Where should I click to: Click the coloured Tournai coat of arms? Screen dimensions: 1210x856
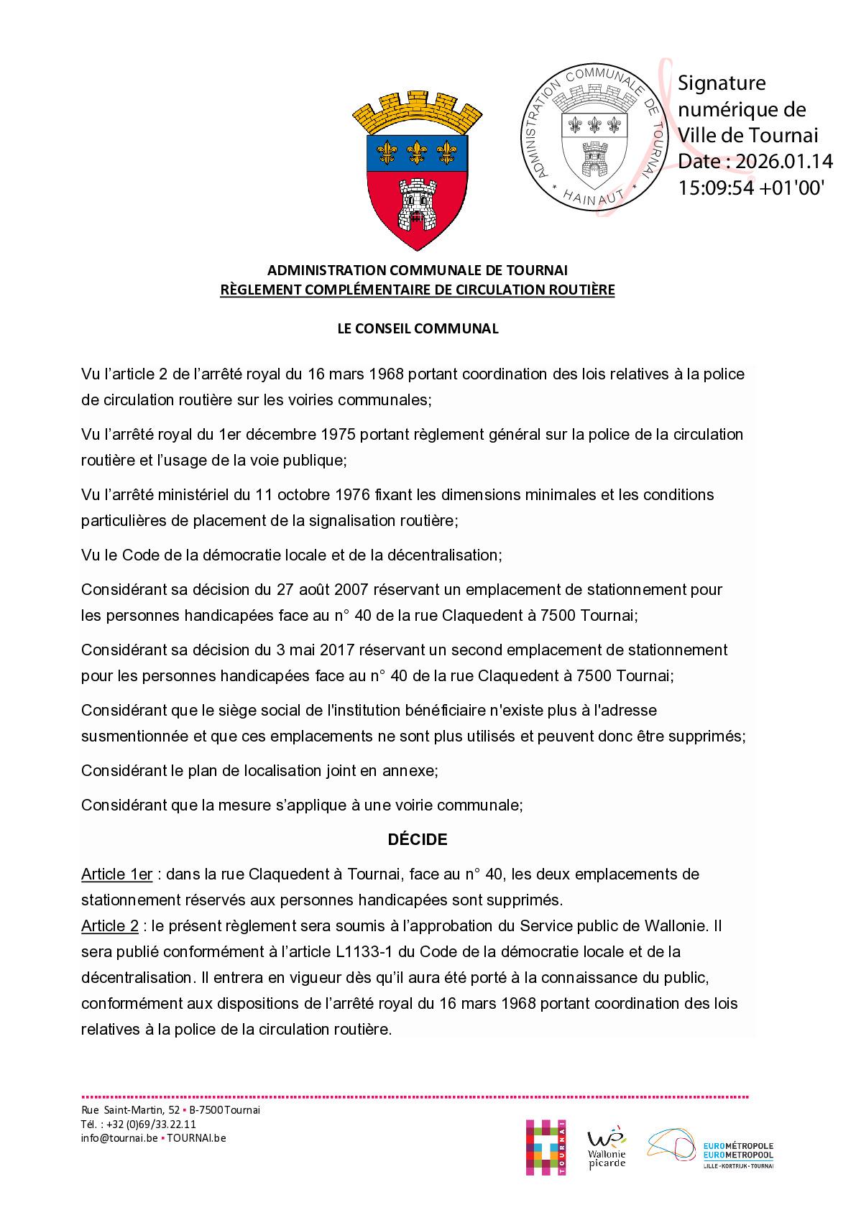point(417,170)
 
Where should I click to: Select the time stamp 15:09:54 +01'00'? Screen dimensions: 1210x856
point(752,188)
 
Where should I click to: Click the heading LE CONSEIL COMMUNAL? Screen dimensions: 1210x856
point(418,328)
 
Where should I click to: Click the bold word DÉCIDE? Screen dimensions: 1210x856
point(418,839)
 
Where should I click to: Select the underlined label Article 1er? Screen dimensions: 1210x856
point(116,874)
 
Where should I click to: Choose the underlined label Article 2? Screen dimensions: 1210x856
point(109,926)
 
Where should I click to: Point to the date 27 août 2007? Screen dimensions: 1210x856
point(320,589)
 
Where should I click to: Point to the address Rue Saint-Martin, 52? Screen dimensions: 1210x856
point(130,1110)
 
